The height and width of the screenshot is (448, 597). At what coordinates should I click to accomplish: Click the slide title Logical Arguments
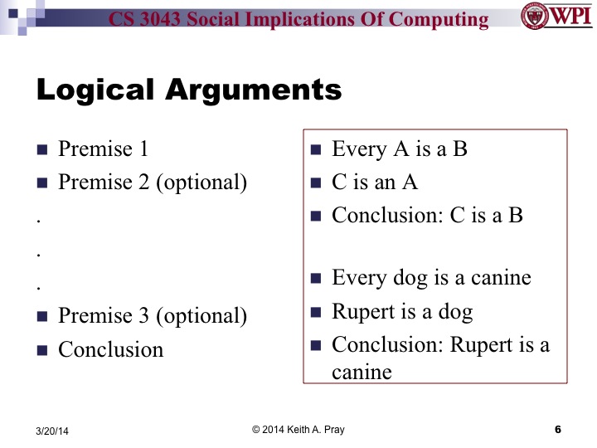point(189,90)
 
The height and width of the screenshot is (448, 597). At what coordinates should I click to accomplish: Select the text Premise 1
point(103,149)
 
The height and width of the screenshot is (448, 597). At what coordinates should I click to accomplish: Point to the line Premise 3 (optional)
point(153,315)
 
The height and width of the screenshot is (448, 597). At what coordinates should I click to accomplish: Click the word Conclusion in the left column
point(111,349)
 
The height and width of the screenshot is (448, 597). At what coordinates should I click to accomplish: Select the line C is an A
point(375,183)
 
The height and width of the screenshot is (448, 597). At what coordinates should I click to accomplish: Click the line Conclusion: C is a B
point(427,216)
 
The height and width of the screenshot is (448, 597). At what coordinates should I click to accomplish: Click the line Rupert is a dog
point(402,312)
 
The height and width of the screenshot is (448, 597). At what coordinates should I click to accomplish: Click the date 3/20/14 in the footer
point(53,431)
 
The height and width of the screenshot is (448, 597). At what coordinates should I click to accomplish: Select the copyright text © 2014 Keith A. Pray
point(298,429)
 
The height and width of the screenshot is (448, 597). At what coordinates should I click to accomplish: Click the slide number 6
point(557,429)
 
